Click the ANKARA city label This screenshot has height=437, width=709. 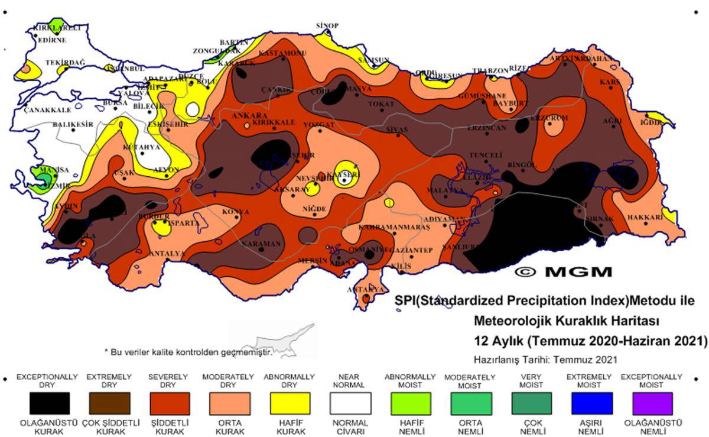click(250, 115)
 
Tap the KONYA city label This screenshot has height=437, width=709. click(235, 211)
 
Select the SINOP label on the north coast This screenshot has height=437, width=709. click(327, 25)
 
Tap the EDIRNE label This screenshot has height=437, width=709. click(52, 40)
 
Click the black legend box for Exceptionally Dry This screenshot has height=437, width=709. click(50, 403)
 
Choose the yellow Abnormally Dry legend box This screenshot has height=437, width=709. click(290, 403)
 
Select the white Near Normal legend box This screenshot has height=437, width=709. click(351, 403)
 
